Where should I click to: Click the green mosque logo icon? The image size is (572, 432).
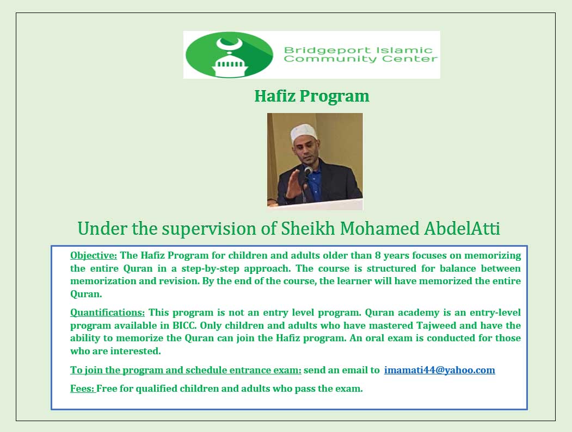pos(229,54)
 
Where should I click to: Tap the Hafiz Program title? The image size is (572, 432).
pos(312,96)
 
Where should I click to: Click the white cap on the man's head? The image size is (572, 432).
pos(303,132)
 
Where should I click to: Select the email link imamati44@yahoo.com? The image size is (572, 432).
pos(439,370)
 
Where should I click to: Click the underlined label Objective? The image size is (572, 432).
pos(94,255)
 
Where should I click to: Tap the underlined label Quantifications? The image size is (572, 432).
pos(107,312)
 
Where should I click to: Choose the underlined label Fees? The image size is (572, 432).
pos(83,389)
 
